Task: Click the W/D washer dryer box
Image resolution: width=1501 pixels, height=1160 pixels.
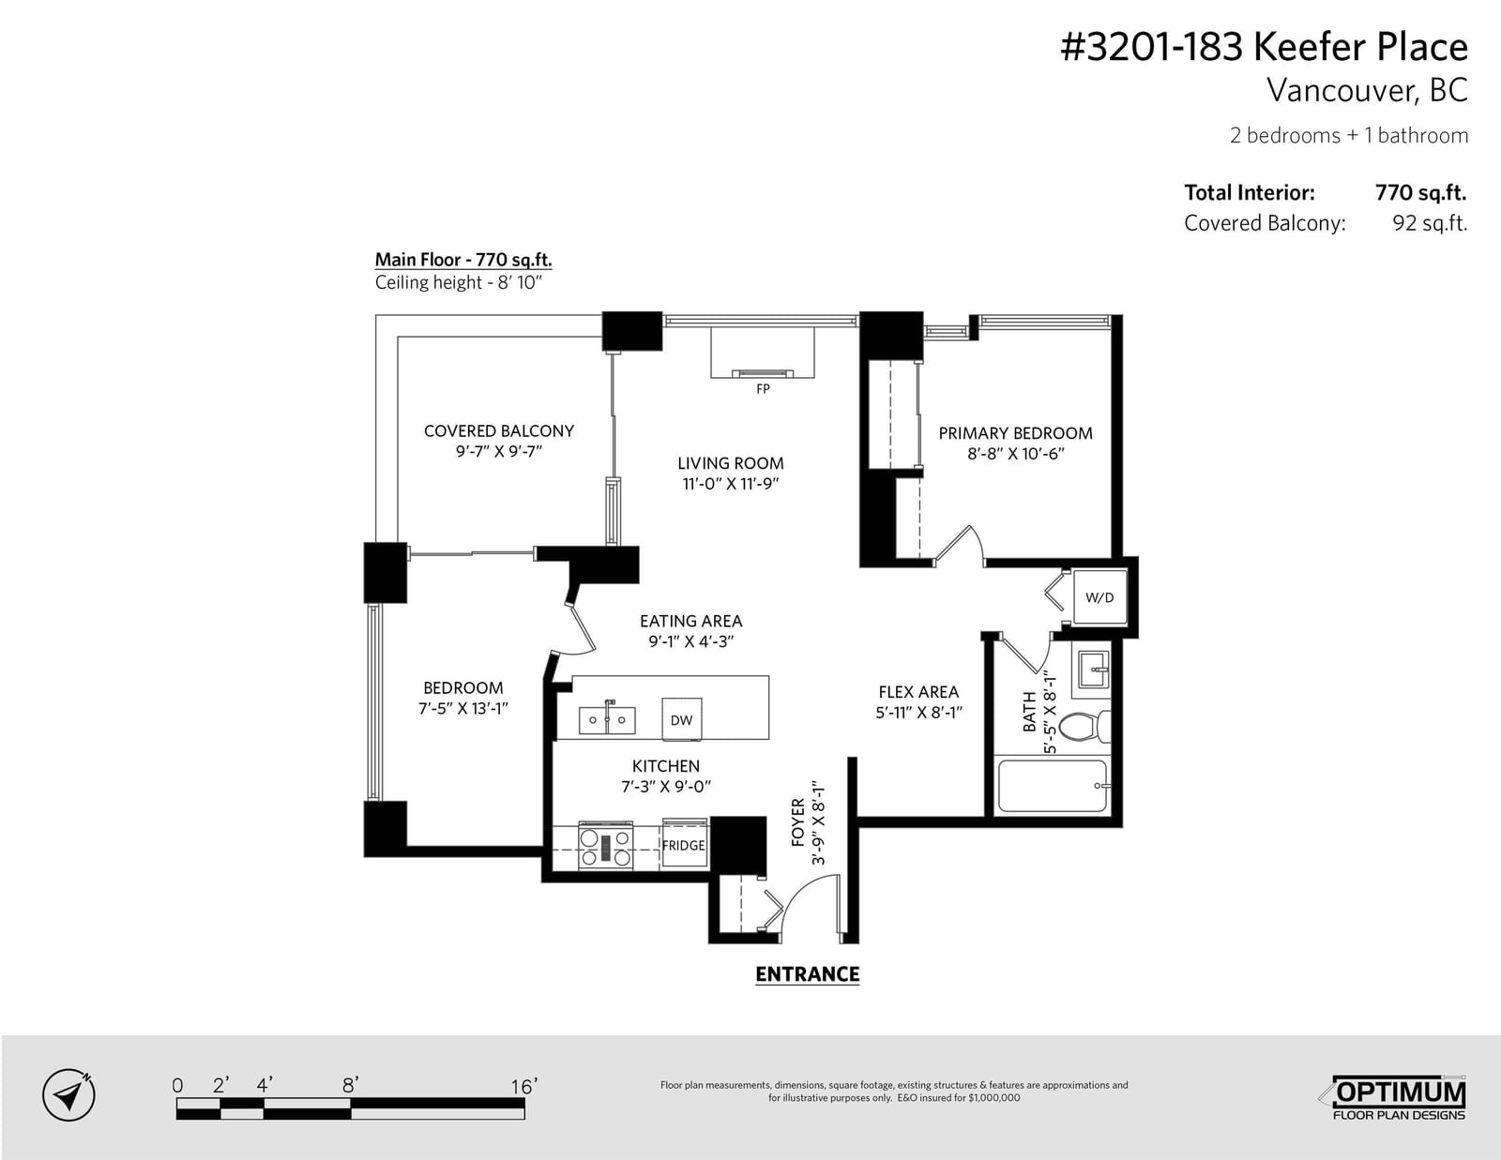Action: coord(1099,597)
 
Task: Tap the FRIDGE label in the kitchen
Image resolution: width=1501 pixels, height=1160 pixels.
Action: coord(683,845)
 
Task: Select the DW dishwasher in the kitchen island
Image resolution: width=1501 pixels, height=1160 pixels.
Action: coord(682,719)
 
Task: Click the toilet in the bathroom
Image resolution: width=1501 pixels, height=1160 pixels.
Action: coord(1084,727)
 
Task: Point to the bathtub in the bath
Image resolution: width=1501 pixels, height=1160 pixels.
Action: coord(1054,786)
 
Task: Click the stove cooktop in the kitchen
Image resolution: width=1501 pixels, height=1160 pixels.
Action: coord(606,846)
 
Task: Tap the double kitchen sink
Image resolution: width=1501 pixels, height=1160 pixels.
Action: coord(607,719)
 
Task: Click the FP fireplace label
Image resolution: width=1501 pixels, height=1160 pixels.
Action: coord(763,389)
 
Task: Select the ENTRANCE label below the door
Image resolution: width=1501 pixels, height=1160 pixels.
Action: coord(808,974)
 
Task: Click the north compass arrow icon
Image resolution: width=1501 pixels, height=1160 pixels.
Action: coord(69,1095)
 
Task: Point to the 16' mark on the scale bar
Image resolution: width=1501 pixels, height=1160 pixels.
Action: coord(523,1088)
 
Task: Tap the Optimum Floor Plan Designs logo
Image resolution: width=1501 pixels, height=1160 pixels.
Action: coord(1398,1098)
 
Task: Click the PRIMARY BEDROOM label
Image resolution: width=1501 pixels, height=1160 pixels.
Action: coord(1015,433)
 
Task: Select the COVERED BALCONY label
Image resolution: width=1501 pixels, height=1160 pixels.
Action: coord(499,430)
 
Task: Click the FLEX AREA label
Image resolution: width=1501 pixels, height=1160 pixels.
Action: coord(918,692)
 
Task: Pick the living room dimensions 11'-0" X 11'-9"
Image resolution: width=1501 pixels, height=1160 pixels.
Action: coord(731,483)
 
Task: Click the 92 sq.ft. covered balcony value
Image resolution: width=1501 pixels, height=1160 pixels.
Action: coord(1430,223)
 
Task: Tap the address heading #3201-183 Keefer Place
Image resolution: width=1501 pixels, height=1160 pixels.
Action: coord(1264,47)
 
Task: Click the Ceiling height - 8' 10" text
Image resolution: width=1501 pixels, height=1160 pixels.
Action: coord(459,282)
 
